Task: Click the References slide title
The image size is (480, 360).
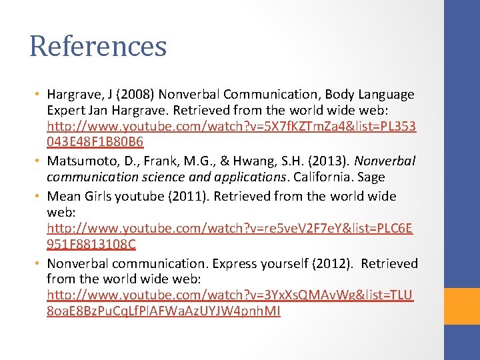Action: click(98, 46)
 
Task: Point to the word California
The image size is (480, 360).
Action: click(317, 177)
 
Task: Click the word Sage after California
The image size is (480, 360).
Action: click(371, 177)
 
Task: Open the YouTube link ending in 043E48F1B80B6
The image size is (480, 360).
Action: click(95, 143)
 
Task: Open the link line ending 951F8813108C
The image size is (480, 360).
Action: click(91, 244)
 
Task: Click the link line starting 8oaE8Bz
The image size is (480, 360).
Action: click(164, 311)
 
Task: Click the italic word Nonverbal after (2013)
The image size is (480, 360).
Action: click(386, 161)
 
